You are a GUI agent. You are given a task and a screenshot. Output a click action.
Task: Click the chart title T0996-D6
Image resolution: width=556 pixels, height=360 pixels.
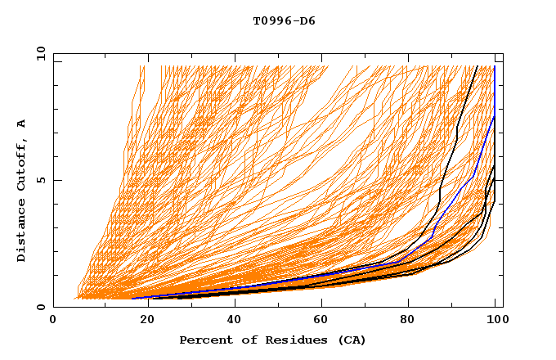[284, 21]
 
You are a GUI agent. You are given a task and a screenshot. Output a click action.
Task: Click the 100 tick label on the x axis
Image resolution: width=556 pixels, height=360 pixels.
[495, 322]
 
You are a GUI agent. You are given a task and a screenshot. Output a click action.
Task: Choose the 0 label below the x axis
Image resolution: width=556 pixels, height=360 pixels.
[53, 322]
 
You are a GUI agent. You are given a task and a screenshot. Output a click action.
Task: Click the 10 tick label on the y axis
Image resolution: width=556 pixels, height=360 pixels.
[38, 53]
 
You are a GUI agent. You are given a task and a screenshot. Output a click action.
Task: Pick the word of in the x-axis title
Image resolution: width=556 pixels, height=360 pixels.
[244, 340]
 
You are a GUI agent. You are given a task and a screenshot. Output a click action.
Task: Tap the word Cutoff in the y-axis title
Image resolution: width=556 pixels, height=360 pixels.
[22, 164]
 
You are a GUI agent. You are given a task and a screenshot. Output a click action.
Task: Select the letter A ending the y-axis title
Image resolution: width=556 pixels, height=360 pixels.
[22, 123]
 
